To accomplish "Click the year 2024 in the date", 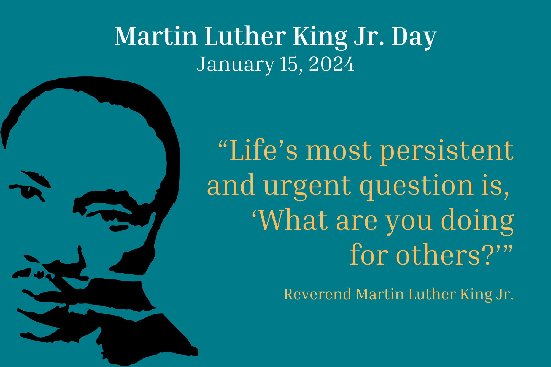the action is tap(331, 64).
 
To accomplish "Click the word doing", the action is tap(477, 221).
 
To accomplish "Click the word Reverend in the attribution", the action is tap(317, 294).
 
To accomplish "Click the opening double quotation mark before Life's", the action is tap(223, 144).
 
